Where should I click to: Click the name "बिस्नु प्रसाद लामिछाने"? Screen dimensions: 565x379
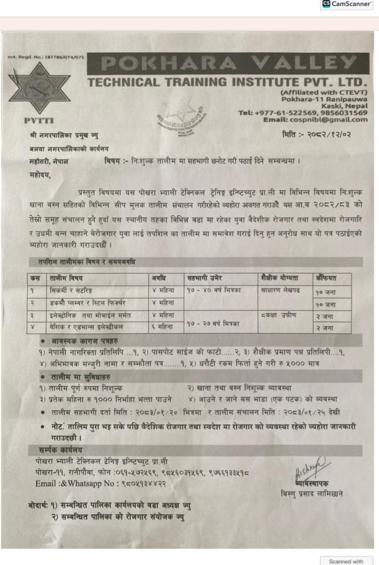(313, 494)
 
